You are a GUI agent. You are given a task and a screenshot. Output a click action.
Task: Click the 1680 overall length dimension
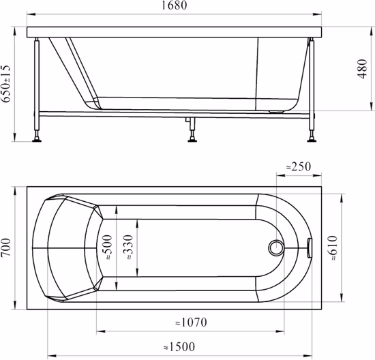(x=175, y=5)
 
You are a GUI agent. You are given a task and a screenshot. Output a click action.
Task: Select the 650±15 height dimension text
(x=5, y=84)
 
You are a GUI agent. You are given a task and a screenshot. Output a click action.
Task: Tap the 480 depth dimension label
(x=362, y=69)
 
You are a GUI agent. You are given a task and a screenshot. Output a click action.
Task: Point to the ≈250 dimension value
(x=299, y=167)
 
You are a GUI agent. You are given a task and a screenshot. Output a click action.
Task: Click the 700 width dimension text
(x=5, y=247)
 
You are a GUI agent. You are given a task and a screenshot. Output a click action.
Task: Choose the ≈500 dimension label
(x=106, y=247)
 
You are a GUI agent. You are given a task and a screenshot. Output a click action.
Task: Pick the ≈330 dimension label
(x=127, y=247)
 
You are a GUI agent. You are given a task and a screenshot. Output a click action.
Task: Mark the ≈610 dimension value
(x=333, y=247)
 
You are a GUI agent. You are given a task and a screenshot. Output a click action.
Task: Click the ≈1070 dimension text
(x=191, y=322)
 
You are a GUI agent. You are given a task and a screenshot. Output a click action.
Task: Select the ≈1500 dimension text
(x=179, y=347)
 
